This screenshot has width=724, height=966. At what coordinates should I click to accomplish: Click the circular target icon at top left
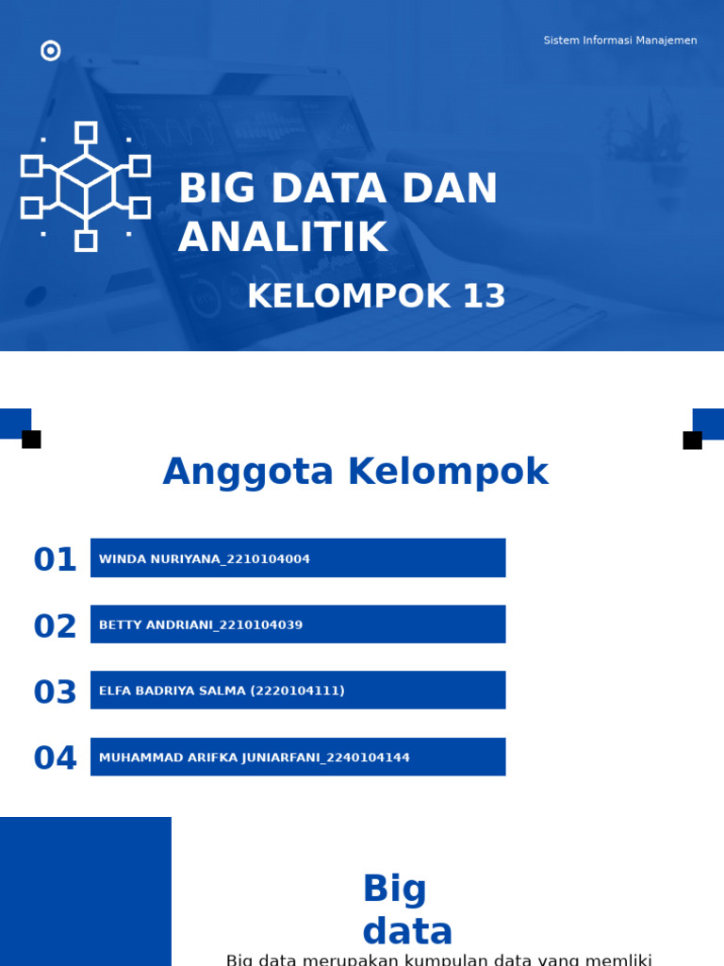[x=51, y=51]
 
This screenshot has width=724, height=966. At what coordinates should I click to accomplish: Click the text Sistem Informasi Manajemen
[x=620, y=41]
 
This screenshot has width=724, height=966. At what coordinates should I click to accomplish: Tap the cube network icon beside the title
[x=86, y=187]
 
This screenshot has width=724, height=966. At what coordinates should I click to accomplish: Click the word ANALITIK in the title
[x=283, y=238]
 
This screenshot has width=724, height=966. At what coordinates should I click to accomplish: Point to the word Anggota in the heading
[x=248, y=472]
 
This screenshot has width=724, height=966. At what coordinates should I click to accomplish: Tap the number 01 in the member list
[x=55, y=559]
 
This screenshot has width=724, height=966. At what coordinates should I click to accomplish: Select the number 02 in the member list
[x=55, y=626]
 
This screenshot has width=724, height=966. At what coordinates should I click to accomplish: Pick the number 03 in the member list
[x=55, y=692]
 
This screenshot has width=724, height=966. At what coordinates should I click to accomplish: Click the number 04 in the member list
[x=55, y=758]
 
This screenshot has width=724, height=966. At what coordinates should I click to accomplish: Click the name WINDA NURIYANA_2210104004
[x=205, y=559]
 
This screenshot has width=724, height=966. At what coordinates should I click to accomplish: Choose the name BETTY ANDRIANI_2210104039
[x=201, y=625]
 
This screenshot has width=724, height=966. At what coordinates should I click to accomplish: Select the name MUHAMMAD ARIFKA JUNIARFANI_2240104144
[x=255, y=758]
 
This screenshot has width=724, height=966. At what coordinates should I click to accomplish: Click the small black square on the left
[x=31, y=440]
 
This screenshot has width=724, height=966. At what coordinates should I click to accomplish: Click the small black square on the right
[x=692, y=441]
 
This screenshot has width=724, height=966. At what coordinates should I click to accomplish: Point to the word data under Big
[x=407, y=931]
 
